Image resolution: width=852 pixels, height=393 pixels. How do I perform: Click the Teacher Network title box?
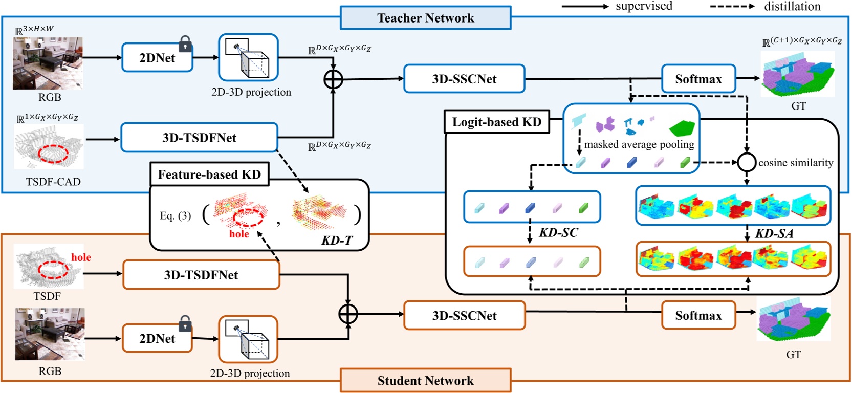pyautogui.click(x=425, y=18)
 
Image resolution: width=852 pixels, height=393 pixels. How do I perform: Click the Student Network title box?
pyautogui.click(x=425, y=380)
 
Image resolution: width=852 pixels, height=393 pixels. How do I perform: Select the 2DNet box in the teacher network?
pyautogui.click(x=157, y=58)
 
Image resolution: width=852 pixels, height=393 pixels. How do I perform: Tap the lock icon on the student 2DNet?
pyautogui.click(x=185, y=323)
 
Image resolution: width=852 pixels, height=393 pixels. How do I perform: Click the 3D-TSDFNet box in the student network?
pyautogui.click(x=201, y=275)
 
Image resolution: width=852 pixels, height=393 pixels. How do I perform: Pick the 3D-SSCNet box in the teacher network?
pyautogui.click(x=464, y=79)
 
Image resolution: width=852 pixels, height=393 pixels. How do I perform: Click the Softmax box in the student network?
pyautogui.click(x=698, y=315)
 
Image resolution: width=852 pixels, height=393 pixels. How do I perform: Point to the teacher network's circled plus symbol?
pyautogui.click(x=333, y=79)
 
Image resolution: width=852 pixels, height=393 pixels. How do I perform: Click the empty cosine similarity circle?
pyautogui.click(x=747, y=163)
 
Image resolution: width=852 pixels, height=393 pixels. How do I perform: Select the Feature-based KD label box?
pyautogui.click(x=209, y=174)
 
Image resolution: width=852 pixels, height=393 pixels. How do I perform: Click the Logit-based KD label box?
pyautogui.click(x=496, y=122)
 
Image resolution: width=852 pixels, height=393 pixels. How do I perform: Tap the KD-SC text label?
pyautogui.click(x=558, y=233)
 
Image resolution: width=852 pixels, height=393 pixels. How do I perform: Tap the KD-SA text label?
pyautogui.click(x=774, y=234)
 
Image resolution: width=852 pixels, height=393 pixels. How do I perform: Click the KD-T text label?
pyautogui.click(x=337, y=240)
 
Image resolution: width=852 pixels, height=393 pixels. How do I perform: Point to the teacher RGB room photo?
pyautogui.click(x=48, y=63)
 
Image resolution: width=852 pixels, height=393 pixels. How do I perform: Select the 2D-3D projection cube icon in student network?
pyautogui.click(x=248, y=339)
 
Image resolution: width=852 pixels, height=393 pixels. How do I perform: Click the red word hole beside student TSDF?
pyautogui.click(x=81, y=257)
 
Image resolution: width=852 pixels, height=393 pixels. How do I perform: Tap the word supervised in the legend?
pyautogui.click(x=644, y=6)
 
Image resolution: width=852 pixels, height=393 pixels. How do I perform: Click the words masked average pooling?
pyautogui.click(x=639, y=145)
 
